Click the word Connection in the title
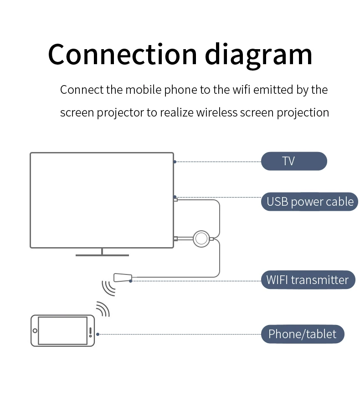click(122, 54)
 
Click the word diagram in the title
click(259, 54)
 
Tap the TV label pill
click(294, 161)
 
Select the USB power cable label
click(310, 202)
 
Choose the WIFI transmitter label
click(308, 279)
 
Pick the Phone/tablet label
click(302, 334)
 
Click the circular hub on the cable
click(201, 239)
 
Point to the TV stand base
click(102, 255)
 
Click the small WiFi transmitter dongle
click(123, 277)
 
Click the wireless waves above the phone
click(103, 308)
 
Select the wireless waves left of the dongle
click(108, 287)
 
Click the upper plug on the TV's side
click(175, 199)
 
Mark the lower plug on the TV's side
click(175, 239)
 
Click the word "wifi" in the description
click(241, 90)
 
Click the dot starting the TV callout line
click(175, 162)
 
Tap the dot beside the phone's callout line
click(98, 334)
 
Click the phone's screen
click(62, 331)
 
